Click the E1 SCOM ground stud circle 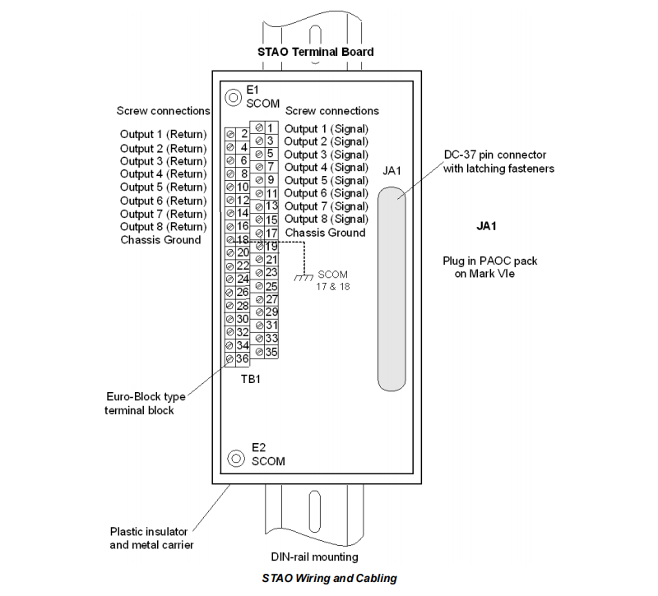click(233, 98)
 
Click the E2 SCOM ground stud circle click(236, 458)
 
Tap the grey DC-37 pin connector click(392, 289)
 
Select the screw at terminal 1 click(259, 127)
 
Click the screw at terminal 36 click(229, 359)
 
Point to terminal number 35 click(271, 352)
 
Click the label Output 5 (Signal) click(327, 181)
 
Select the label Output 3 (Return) click(163, 161)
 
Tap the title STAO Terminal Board click(316, 52)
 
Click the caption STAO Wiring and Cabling click(330, 579)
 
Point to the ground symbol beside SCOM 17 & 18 click(304, 278)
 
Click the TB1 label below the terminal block click(251, 379)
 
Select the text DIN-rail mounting click(314, 557)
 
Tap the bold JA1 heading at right click(486, 226)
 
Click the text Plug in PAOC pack click(489, 261)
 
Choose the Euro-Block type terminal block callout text click(145, 404)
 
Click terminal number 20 click(243, 252)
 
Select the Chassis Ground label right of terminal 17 click(325, 233)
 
